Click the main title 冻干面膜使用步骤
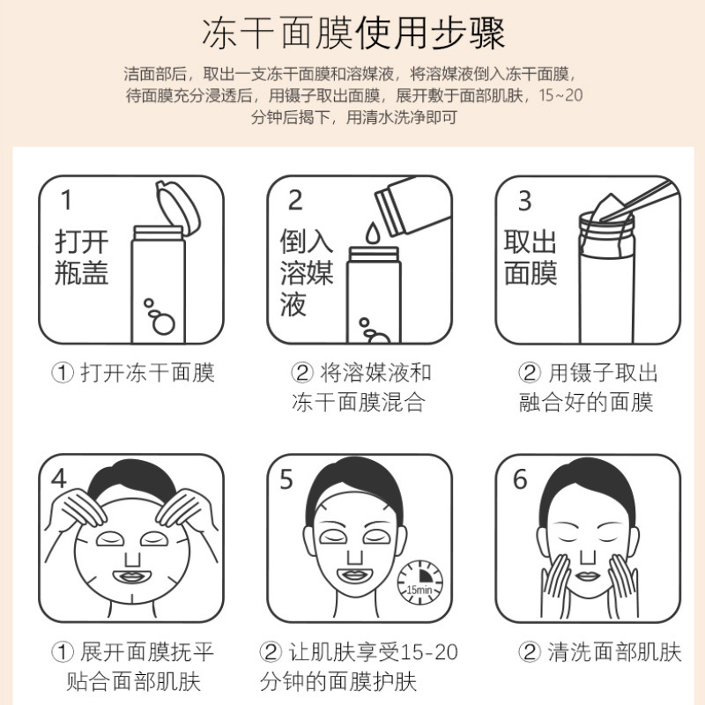[353, 33]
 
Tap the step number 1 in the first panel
[67, 200]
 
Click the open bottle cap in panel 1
[178, 207]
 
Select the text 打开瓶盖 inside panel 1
[81, 257]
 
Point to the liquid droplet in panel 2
[372, 233]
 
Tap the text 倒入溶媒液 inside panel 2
[306, 272]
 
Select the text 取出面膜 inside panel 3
[531, 257]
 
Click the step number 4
[59, 479]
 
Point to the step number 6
[520, 479]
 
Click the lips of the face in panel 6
[587, 576]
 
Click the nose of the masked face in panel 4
[133, 559]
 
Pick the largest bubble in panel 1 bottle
[163, 323]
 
